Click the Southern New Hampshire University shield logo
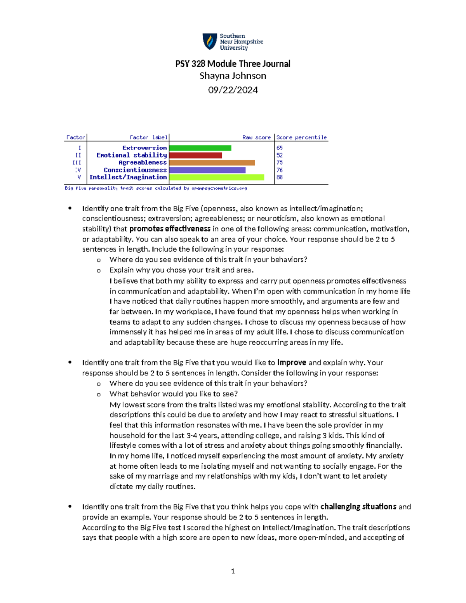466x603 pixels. pos(210,42)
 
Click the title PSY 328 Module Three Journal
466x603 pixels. pos(233,64)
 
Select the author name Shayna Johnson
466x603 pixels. pos(233,76)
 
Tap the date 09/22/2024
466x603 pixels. pos(233,90)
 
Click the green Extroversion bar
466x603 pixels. pos(200,148)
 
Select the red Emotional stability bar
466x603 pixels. pos(195,155)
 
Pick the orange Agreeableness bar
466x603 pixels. pos(212,163)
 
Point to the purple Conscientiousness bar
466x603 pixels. pos(207,170)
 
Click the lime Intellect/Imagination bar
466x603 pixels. pos(216,177)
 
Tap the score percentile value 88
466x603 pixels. pos(280,177)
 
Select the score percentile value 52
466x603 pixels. pos(280,155)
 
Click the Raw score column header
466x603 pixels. pos(256,137)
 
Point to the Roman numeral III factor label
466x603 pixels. pos(77,163)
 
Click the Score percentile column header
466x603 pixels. pos(301,137)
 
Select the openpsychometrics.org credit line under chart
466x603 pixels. pos(156,188)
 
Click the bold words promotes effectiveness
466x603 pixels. pos(170,229)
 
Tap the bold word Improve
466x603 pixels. pos(292,363)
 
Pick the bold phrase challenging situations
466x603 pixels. pos(358,507)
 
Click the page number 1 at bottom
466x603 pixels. pos(233,571)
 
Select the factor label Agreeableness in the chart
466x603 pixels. pos(143,163)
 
